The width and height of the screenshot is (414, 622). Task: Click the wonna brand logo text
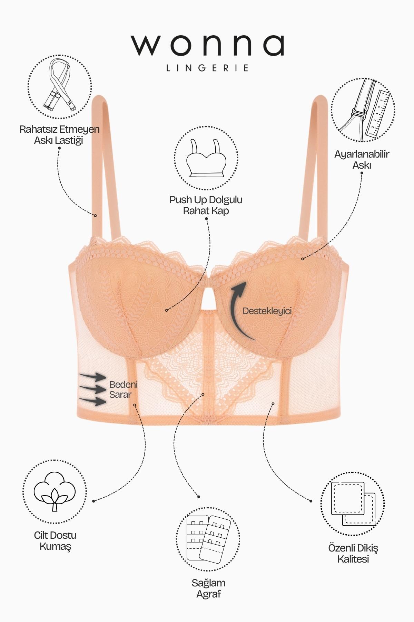[207, 45]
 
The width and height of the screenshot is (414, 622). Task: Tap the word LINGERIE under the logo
[207, 68]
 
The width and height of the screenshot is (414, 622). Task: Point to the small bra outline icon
[206, 158]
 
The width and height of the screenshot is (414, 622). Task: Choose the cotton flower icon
[55, 491]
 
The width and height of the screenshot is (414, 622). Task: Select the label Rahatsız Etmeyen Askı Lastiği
[59, 135]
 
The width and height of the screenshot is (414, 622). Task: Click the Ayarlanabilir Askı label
[362, 159]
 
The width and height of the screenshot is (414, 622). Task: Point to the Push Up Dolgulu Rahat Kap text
[206, 205]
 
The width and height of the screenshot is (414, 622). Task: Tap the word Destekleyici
[267, 311]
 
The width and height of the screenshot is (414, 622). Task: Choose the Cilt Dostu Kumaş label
[55, 541]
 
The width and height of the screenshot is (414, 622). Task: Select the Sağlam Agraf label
[208, 588]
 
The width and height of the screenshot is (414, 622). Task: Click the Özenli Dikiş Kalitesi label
[353, 554]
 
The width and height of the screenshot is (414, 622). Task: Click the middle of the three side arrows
[92, 389]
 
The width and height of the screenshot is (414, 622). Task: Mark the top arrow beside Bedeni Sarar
[92, 377]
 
